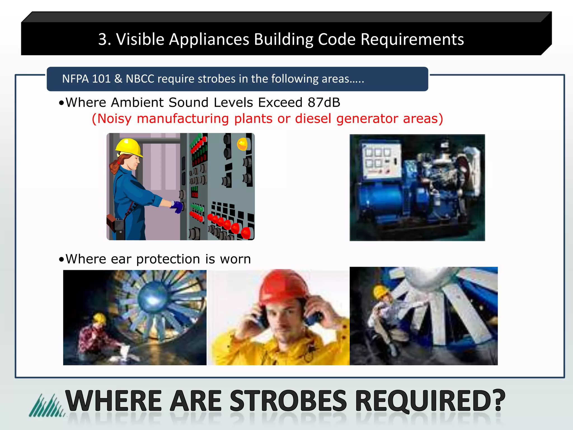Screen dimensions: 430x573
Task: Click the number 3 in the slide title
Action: tap(103, 39)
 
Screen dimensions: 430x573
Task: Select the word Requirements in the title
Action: tap(412, 39)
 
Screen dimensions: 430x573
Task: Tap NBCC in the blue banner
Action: tap(140, 79)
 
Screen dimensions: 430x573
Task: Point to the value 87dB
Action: tap(324, 102)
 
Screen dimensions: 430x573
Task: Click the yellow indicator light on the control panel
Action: tap(242, 144)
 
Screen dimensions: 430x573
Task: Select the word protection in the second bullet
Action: tap(168, 259)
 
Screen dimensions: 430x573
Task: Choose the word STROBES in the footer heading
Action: tap(288, 401)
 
